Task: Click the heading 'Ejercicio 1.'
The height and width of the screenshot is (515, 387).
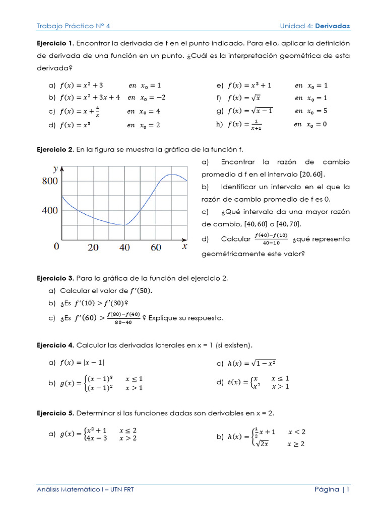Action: point(55,43)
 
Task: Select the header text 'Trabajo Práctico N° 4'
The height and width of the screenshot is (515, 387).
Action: point(73,26)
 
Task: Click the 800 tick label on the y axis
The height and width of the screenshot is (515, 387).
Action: point(50,182)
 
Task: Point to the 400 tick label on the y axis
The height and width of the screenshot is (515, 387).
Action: point(50,210)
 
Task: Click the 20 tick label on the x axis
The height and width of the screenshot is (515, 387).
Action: point(93,247)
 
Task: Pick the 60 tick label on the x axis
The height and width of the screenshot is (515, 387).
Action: point(156,247)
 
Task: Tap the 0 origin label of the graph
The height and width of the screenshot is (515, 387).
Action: point(56,246)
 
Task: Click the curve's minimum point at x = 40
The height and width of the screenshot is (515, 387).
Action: point(124,225)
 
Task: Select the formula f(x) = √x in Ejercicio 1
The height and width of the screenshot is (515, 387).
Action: point(244,98)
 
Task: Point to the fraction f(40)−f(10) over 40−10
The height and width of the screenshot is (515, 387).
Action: point(271,239)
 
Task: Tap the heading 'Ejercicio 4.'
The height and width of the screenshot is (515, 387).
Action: point(55,345)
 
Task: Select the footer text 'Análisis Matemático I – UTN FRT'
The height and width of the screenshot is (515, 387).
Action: point(85,489)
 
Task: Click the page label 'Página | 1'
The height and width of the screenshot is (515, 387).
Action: point(332,489)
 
